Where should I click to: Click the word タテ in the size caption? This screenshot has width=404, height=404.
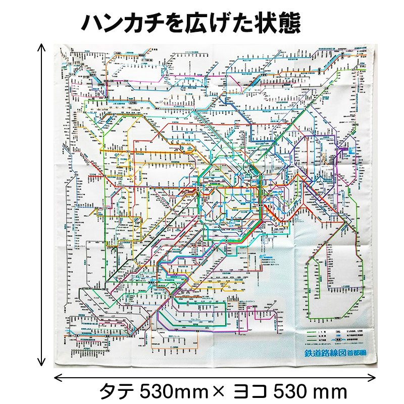[x=118, y=390]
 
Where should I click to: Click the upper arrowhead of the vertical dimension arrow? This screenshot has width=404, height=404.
[x=42, y=46]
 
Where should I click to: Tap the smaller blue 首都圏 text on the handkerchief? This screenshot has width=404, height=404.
[x=364, y=353]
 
